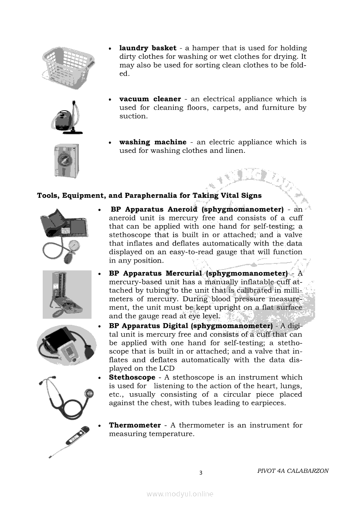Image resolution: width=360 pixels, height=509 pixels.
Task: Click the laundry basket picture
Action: [x=68, y=68]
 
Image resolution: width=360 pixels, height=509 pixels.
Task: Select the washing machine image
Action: [x=66, y=160]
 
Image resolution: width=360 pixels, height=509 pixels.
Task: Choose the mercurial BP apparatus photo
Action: [x=67, y=294]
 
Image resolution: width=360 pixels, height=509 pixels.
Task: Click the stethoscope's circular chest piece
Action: [x=89, y=394]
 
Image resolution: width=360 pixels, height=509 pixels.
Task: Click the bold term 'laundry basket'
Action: [x=148, y=48]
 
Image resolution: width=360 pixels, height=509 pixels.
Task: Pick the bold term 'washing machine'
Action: [x=153, y=142]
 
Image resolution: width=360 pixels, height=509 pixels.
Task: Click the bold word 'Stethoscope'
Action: [x=132, y=378]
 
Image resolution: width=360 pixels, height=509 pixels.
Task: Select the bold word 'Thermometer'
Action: [x=135, y=425]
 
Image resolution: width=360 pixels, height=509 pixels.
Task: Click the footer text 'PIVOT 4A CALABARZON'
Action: [x=293, y=471]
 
